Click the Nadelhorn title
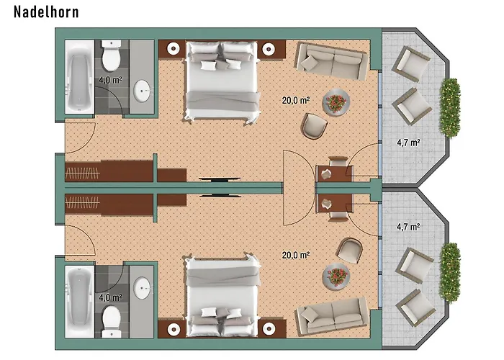pos(46,12)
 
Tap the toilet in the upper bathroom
pos(111,55)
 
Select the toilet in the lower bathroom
pos(112,321)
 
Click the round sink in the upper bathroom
pos(142,91)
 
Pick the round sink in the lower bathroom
pos(142,288)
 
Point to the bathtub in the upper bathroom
pos(79,76)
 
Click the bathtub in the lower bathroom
pos(79,302)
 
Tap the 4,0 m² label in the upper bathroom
pos(110,80)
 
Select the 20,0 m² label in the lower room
pos(296,255)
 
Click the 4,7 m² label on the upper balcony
pos(408,143)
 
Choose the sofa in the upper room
pos(332,61)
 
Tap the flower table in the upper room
pos(336,103)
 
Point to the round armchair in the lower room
pos(349,251)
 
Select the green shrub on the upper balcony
pos(450,108)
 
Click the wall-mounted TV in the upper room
pos(220,179)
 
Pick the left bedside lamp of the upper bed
pos(174,49)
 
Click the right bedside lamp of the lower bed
pos(269,328)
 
